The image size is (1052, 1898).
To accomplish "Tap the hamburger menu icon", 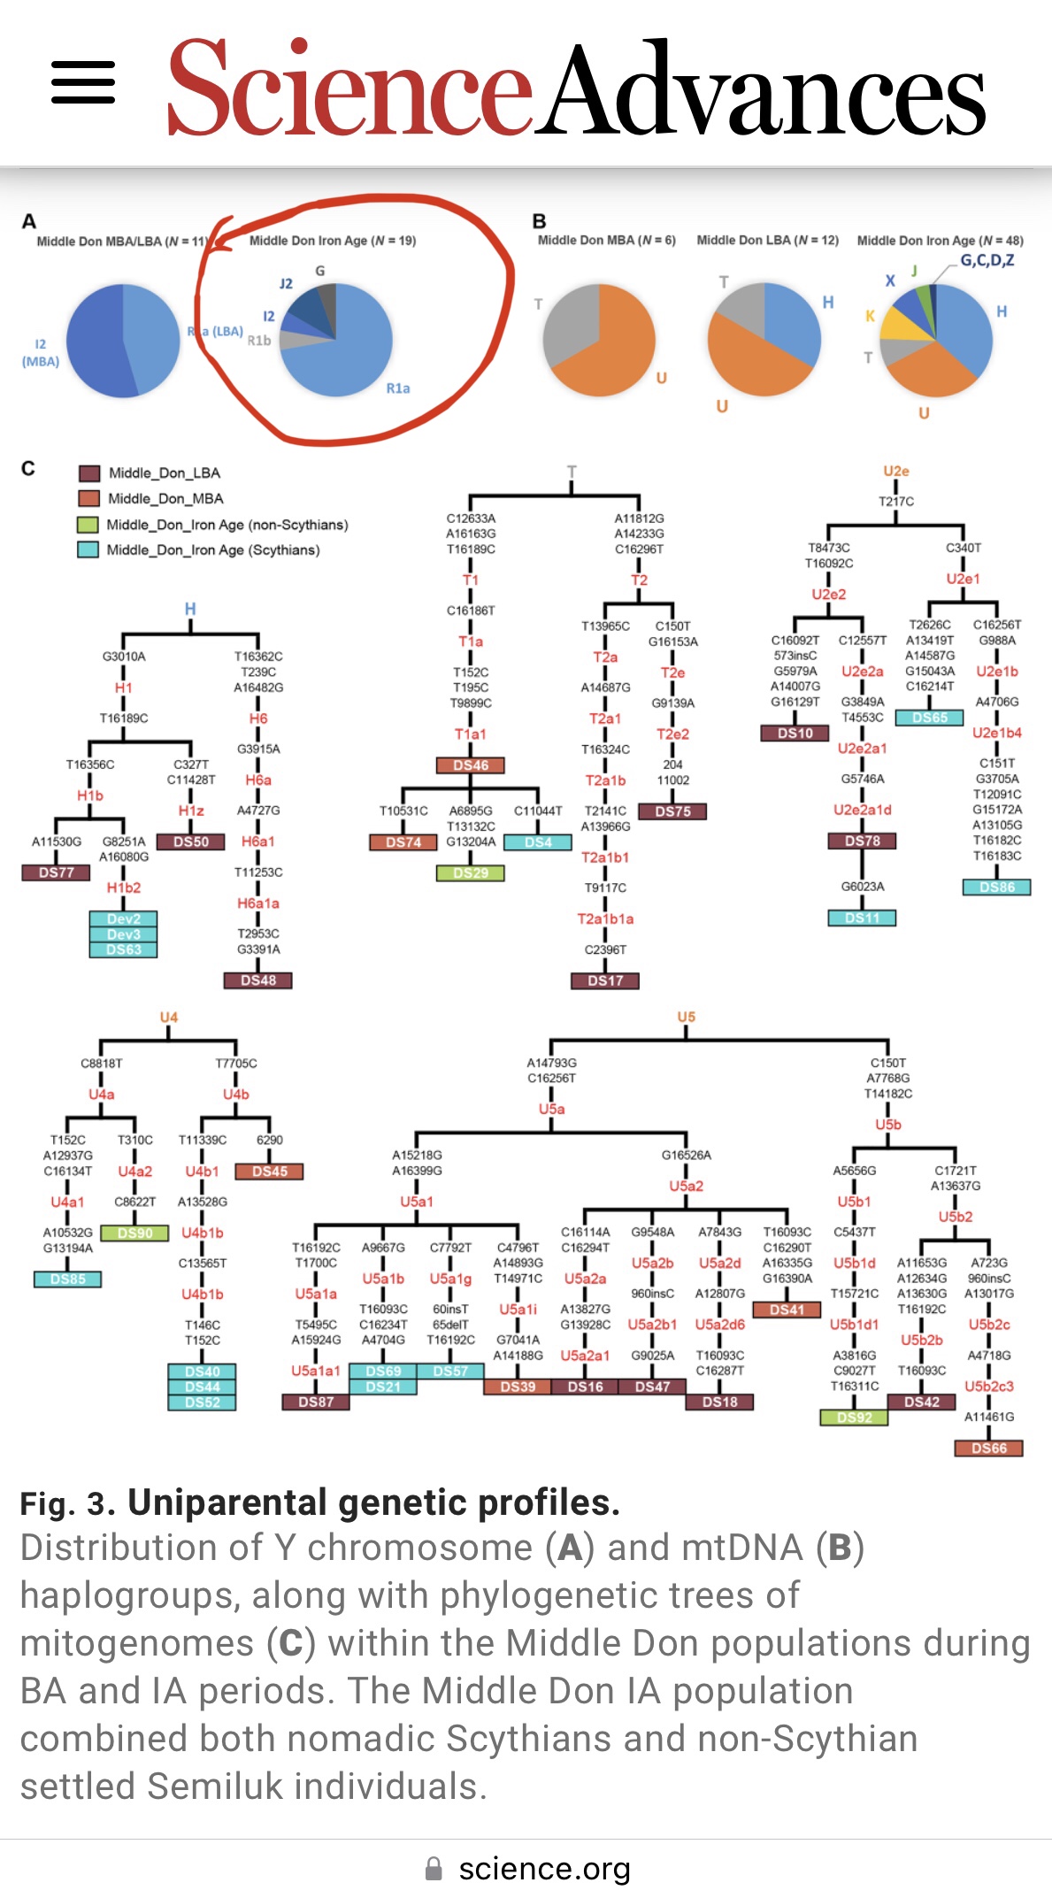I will click(83, 82).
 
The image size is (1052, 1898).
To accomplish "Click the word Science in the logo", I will click(349, 88).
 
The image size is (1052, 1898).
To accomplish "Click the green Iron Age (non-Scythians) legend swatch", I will click(88, 525).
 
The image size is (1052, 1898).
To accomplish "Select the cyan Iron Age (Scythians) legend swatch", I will click(88, 549).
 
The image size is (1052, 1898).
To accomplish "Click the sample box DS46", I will click(471, 765).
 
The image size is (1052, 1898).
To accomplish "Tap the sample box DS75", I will click(672, 811).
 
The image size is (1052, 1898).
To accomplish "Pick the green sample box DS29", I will click(471, 873).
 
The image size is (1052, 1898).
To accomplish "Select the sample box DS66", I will click(988, 1448).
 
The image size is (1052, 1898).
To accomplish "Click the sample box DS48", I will click(257, 980).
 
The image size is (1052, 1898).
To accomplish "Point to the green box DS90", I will click(134, 1233).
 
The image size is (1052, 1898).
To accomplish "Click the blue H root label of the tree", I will click(190, 609).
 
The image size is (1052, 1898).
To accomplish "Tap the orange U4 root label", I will click(168, 1018).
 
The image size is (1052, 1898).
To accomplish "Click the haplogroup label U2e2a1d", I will click(862, 810).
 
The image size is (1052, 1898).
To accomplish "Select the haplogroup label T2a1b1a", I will click(605, 919).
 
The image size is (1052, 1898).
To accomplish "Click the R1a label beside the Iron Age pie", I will click(398, 388).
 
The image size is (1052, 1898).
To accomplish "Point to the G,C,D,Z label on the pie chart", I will click(987, 260).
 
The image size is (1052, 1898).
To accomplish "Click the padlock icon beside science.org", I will click(434, 1869).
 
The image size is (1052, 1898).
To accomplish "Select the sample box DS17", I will click(605, 980).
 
